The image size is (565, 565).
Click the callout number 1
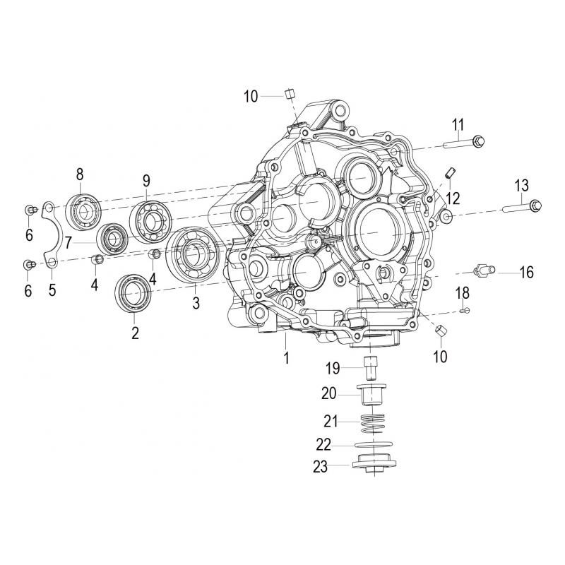287,358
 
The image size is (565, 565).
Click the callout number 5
52,290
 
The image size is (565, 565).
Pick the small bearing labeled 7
112,238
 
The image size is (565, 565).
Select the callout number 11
458,126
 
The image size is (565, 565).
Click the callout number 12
453,196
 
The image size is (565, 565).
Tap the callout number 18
463,292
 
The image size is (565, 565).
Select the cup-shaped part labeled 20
371,393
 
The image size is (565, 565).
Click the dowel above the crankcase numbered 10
289,95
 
